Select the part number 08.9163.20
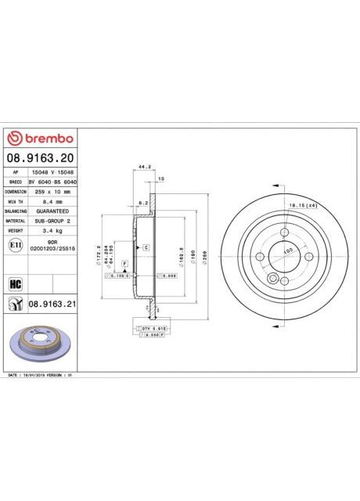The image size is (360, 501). pyautogui.click(x=40, y=158)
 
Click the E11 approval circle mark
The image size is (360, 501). pyautogui.click(x=15, y=246)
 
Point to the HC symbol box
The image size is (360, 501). pyautogui.click(x=14, y=283)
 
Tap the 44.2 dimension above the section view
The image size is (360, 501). pyautogui.click(x=143, y=167)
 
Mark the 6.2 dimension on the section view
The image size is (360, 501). pyautogui.click(x=143, y=203)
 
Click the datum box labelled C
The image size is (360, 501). pyautogui.click(x=146, y=247)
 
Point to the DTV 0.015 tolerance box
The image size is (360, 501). pyautogui.click(x=146, y=328)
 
